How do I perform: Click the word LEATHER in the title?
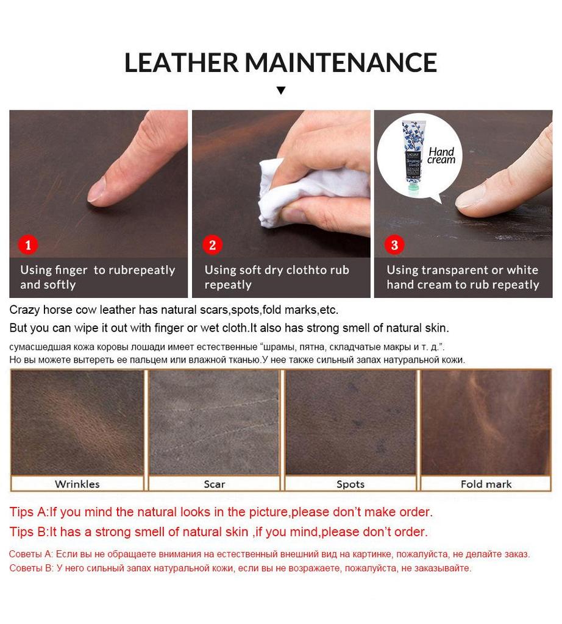(x=181, y=63)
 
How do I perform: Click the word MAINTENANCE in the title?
(x=341, y=63)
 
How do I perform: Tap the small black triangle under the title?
(x=280, y=91)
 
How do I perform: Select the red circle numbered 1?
(x=28, y=245)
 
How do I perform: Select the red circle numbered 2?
(x=212, y=245)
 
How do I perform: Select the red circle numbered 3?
(x=394, y=245)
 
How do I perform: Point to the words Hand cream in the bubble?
(x=441, y=156)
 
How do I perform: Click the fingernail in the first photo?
(x=96, y=191)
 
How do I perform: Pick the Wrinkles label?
(x=77, y=484)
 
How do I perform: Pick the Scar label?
(x=214, y=484)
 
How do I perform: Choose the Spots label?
(x=350, y=484)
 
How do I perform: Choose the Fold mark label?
(x=486, y=484)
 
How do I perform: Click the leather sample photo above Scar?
(x=214, y=422)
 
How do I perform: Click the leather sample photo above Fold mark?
(x=486, y=422)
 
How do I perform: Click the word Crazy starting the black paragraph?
(x=24, y=310)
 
